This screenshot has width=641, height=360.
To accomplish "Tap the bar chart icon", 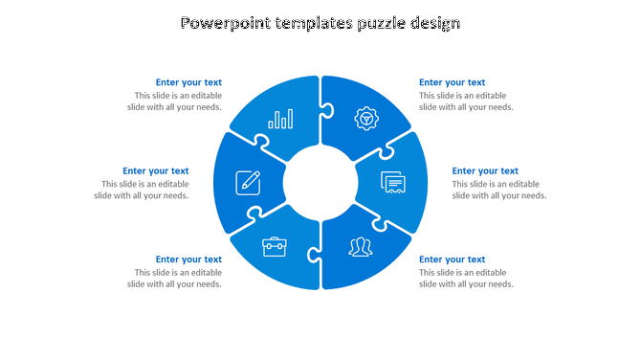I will click(281, 119).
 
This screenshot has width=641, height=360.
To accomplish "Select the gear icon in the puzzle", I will click(365, 119).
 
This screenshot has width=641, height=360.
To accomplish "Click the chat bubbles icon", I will click(393, 182).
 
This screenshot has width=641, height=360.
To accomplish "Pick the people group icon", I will click(361, 247).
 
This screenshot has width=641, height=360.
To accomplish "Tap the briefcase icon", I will click(275, 247).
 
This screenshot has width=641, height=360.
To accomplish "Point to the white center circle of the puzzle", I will click(320, 182).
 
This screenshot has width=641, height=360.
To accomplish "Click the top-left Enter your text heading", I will click(188, 82).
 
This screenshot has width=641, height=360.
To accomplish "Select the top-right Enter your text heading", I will click(452, 82).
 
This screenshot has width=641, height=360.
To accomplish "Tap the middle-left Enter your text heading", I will click(155, 171).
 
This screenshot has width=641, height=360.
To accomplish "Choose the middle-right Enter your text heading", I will click(485, 171).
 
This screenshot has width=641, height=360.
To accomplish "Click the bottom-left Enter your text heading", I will click(188, 259).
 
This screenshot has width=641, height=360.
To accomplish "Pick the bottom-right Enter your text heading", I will click(452, 259).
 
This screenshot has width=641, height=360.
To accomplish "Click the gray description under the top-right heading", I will click(466, 101).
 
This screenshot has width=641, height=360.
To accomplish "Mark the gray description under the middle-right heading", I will click(498, 190).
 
